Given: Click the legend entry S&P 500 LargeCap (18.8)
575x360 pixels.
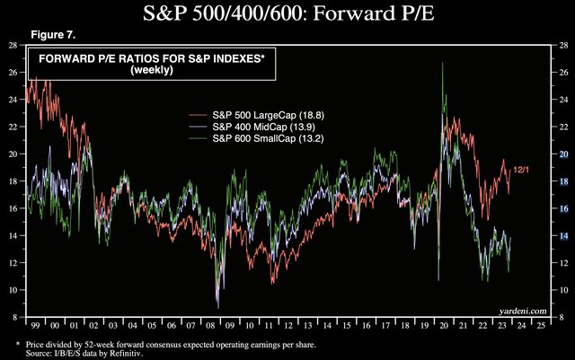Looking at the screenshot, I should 265,116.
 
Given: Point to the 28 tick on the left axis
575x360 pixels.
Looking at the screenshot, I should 12,45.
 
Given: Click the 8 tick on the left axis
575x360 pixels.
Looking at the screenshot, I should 12,317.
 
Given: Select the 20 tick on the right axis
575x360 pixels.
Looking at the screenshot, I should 562,154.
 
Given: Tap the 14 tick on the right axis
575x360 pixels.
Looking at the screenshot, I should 562,235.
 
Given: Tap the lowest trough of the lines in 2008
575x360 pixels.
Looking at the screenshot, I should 217,306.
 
